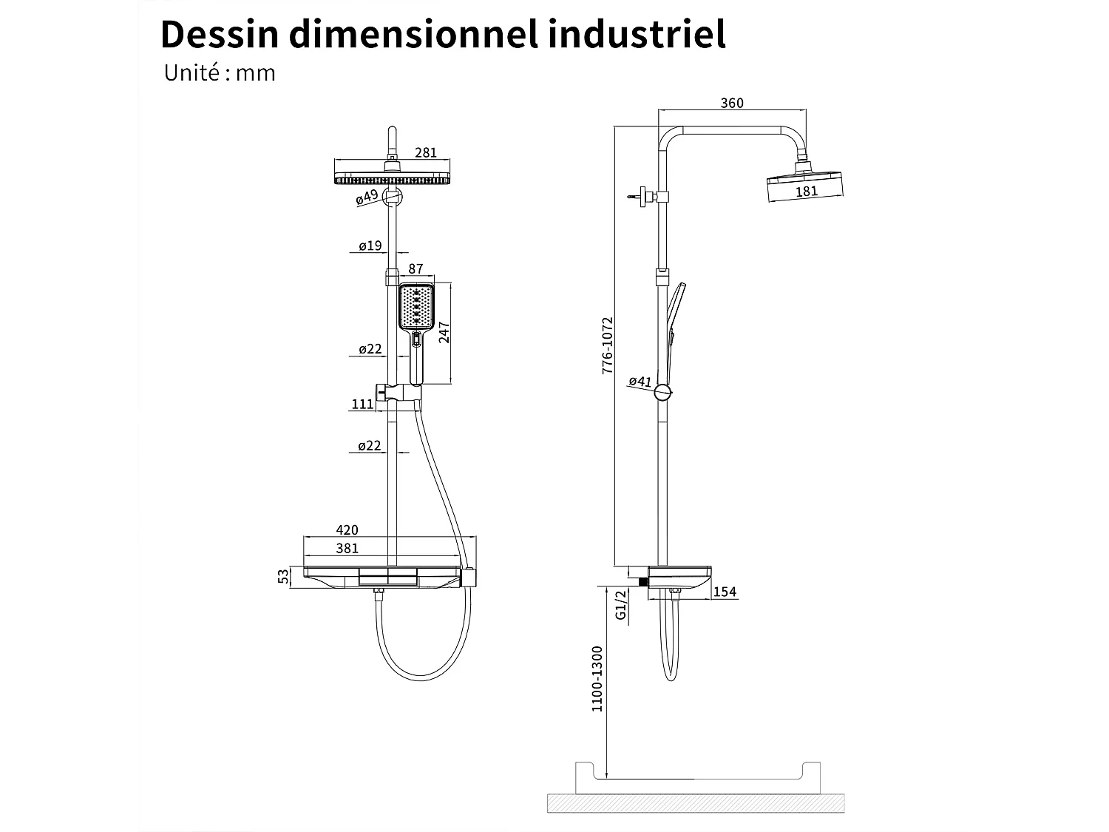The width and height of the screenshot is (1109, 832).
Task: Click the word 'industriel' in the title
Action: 637,34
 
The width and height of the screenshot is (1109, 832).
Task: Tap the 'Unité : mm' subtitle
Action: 220,73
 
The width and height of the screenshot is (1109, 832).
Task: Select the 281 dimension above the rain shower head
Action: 426,152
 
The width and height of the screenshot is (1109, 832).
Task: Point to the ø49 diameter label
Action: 367,197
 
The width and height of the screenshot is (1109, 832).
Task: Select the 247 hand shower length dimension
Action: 444,332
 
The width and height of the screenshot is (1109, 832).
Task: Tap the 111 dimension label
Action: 362,404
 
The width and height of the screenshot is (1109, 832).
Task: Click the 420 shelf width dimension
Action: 347,530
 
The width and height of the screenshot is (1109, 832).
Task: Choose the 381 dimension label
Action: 347,548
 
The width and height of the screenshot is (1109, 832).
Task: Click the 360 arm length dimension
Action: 731,103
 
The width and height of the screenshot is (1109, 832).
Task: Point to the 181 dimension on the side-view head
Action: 806,191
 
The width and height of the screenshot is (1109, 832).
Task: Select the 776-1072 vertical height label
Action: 607,345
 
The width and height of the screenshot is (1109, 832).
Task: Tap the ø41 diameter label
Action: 640,382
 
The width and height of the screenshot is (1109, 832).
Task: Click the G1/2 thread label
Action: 621,604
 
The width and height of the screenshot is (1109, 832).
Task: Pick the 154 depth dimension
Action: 726,592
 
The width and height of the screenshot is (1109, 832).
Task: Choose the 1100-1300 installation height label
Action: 597,678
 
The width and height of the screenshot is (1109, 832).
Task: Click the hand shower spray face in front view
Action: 416,307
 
